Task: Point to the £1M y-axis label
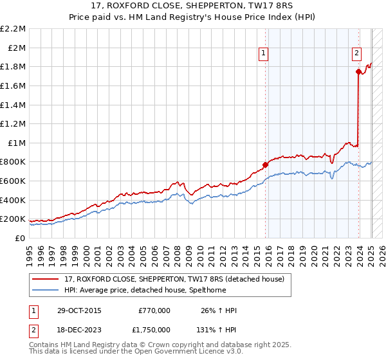17,143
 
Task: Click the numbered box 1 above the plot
264,54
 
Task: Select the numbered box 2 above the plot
356,54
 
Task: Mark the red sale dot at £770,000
265,165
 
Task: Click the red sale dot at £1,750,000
358,72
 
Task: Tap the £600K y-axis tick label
14,181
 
